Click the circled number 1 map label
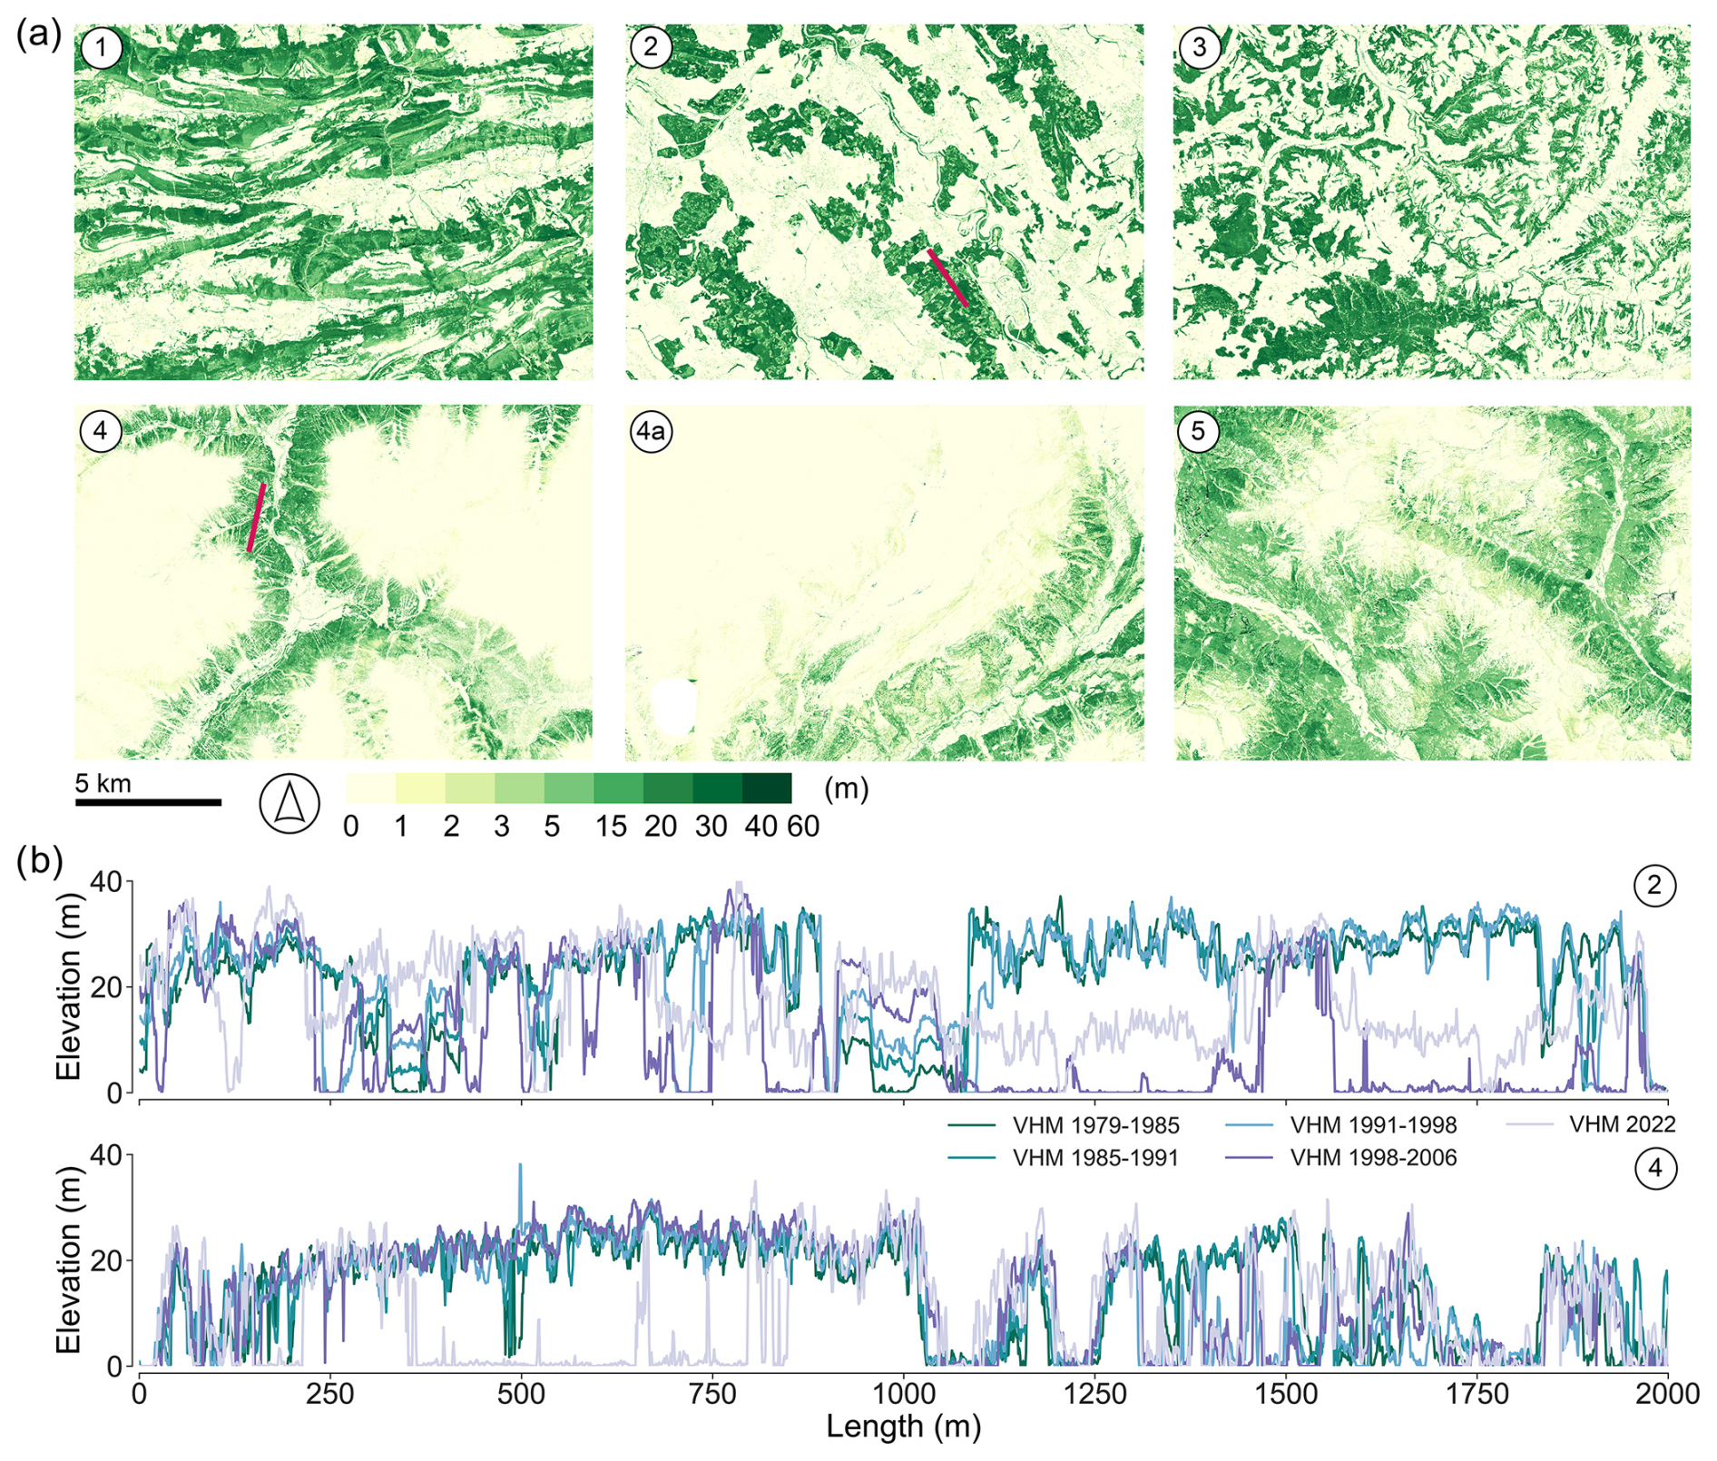pos(101,47)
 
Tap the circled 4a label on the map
pos(651,431)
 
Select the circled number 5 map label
pos(1198,431)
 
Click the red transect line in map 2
pos(947,279)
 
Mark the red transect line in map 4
pos(257,517)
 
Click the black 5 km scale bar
pos(148,802)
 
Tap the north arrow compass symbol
pos(289,804)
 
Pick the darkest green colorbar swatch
pos(766,789)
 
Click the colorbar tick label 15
pos(611,827)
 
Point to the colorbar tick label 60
pos(803,827)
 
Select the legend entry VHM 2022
pos(1622,1124)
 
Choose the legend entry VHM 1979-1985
pos(1095,1125)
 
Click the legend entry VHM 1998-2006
pos(1373,1158)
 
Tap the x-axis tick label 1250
pos(1095,1393)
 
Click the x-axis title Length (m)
pos(903,1427)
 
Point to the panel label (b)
pos(38,860)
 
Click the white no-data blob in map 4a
pos(673,706)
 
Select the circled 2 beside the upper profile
pos(1653,885)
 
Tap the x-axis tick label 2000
pos(1667,1393)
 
